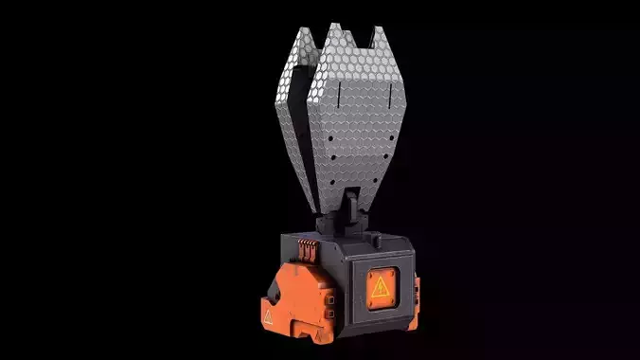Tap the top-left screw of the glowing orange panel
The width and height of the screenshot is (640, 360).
coord(362,268)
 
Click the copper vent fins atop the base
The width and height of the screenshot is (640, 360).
coord(307,248)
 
